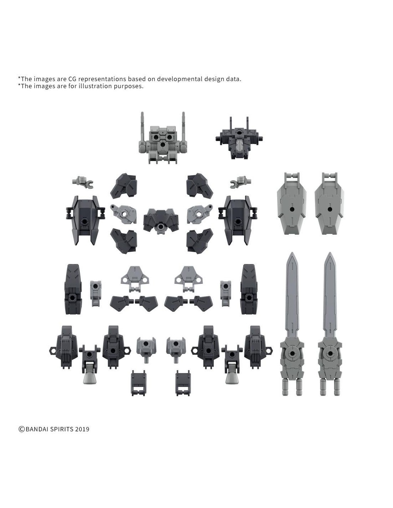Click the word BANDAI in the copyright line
pyautogui.click(x=36, y=429)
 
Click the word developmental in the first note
pyautogui.click(x=179, y=79)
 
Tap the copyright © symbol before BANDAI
pyautogui.click(x=21, y=429)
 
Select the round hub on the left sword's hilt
pyautogui.click(x=292, y=354)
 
